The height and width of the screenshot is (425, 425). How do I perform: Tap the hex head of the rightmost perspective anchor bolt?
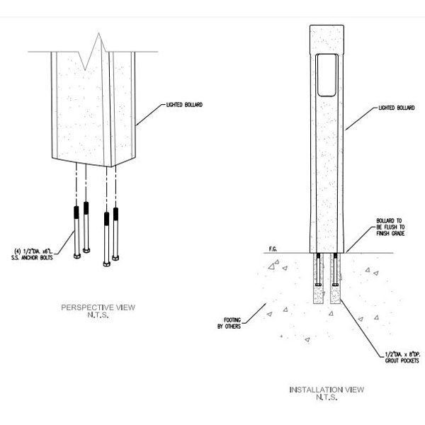117,261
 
